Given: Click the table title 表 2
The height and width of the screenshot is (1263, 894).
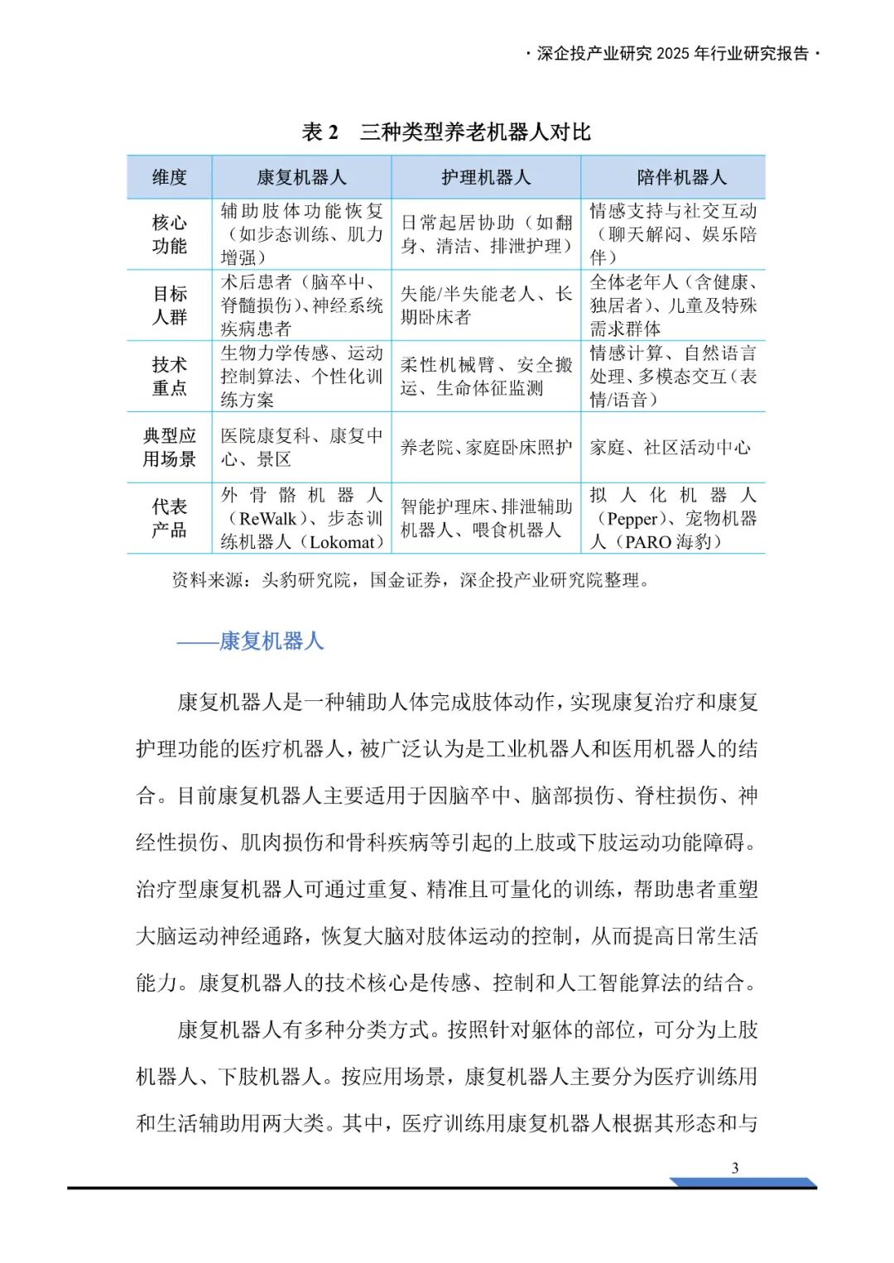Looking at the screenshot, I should (320, 132).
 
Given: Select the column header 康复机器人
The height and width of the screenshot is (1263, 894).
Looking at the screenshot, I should (301, 177).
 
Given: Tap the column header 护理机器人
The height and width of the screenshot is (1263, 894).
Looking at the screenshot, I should (486, 177).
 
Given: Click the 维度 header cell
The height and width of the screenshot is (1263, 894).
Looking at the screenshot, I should (170, 177).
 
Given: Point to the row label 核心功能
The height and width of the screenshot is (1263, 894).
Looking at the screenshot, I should (170, 234).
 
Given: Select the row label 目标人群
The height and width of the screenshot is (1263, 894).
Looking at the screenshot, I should (170, 305).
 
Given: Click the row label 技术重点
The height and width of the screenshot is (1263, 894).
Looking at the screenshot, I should (170, 377).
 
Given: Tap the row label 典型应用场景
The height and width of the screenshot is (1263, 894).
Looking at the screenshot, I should (170, 448).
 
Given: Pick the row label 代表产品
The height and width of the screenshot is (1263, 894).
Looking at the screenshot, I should (170, 518).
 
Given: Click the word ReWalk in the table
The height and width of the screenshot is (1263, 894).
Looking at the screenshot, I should (267, 519).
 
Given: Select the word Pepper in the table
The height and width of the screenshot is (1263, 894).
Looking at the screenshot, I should (632, 519).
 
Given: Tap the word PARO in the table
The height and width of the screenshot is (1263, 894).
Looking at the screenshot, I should (648, 542).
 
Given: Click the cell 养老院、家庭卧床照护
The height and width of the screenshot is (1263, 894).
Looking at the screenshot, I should (486, 448).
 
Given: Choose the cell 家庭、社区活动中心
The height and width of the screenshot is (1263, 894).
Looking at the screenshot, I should (670, 448).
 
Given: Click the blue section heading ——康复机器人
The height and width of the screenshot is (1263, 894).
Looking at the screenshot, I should (250, 641).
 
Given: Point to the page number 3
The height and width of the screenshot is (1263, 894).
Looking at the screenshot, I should (735, 1168).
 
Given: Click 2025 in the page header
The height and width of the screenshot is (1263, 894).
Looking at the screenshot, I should (672, 54).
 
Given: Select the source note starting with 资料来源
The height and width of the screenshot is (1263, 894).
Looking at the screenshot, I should (411, 580).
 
